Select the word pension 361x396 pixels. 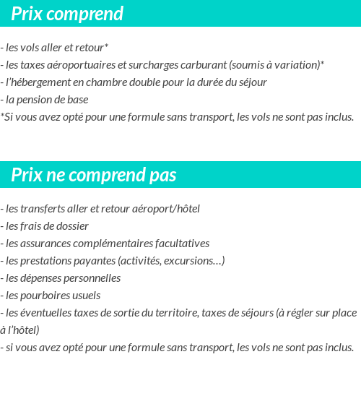[x=36, y=100]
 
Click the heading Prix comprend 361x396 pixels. [x=67, y=14]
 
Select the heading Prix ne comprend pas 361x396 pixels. [x=94, y=176]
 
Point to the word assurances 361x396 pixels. [x=48, y=244]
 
